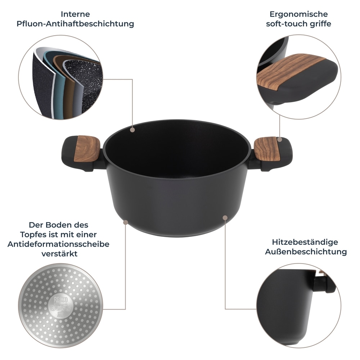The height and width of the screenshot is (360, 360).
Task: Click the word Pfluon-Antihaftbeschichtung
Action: pos(75,24)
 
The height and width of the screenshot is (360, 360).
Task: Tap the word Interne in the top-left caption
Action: pos(75,14)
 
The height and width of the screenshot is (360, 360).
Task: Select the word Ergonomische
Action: pos(298,14)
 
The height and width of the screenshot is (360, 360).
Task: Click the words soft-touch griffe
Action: pos(298,24)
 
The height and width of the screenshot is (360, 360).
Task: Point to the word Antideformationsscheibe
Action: pos(58,244)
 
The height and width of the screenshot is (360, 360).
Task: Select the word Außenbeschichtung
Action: pos(306,252)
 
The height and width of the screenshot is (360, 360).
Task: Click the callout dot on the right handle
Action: pos(279,139)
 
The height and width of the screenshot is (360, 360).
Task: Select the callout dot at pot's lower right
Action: pos(225,217)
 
